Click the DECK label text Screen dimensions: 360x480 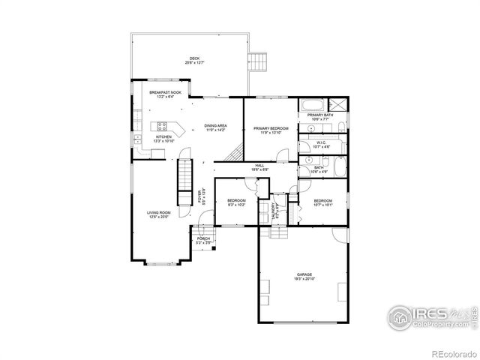(x=194, y=58)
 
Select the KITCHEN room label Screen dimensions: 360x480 (x=163, y=136)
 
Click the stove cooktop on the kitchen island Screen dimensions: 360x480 (x=161, y=125)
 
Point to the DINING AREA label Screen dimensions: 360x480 (x=215, y=125)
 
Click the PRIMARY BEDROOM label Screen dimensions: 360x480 (x=271, y=128)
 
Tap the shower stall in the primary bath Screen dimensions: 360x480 (x=340, y=106)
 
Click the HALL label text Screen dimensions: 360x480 (x=259, y=166)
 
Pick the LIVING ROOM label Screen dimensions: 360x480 (x=158, y=213)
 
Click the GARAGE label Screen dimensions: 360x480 (x=304, y=274)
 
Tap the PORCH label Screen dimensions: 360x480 (x=203, y=238)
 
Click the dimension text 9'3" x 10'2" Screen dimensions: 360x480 (x=236, y=204)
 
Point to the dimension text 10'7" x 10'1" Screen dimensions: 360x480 (x=322, y=204)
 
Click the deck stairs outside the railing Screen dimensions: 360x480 (x=259, y=59)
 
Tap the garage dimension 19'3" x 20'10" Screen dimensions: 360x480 (x=304, y=279)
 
